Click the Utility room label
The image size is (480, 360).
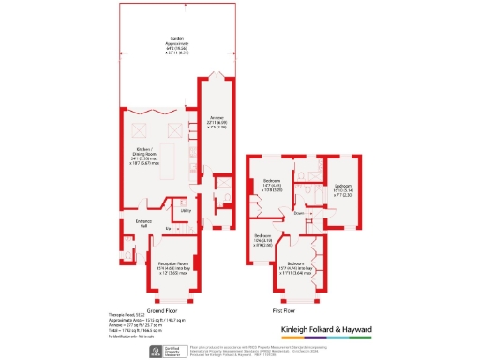coord(187,211)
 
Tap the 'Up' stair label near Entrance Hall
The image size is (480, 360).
coord(169,228)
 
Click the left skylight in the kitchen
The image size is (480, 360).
coord(145,122)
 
